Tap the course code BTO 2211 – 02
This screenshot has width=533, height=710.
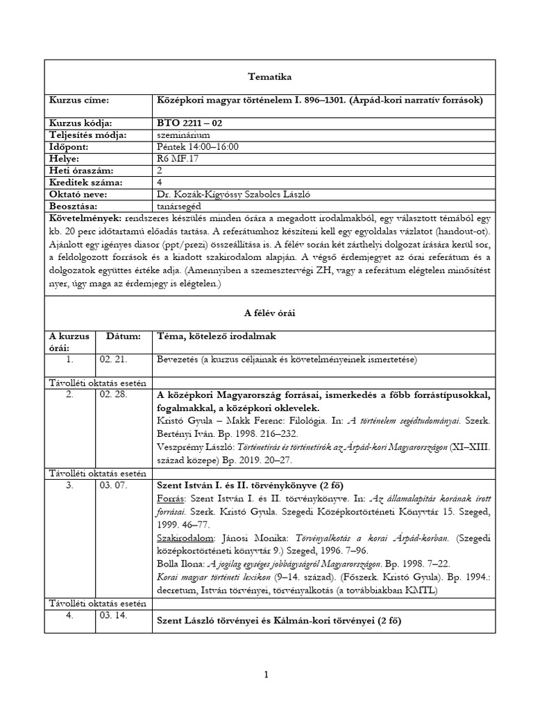(190, 123)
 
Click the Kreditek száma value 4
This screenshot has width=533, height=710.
(161, 182)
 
